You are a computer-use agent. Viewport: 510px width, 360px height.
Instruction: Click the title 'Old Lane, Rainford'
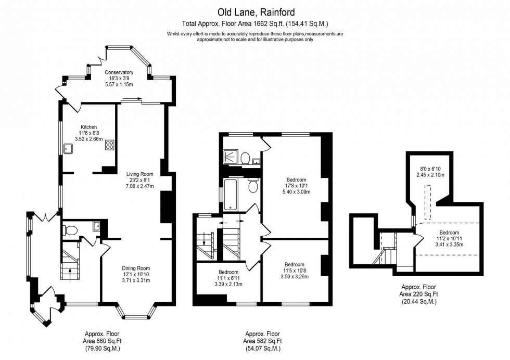(255, 11)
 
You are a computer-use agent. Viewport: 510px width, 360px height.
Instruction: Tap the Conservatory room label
(119, 72)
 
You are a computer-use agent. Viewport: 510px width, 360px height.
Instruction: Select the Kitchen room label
(89, 127)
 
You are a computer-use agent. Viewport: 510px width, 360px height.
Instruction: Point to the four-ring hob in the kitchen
(110, 145)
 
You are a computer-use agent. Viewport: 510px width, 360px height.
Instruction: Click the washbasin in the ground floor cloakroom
(97, 226)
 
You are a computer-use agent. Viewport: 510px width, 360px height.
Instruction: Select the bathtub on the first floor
(231, 195)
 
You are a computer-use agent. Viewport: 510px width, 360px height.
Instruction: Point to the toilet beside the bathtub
(253, 186)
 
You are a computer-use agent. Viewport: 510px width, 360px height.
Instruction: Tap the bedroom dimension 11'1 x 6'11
(228, 278)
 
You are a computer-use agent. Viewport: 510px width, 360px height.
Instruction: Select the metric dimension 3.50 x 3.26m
(295, 276)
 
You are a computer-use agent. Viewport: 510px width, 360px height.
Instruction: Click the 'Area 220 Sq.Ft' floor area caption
(418, 294)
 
